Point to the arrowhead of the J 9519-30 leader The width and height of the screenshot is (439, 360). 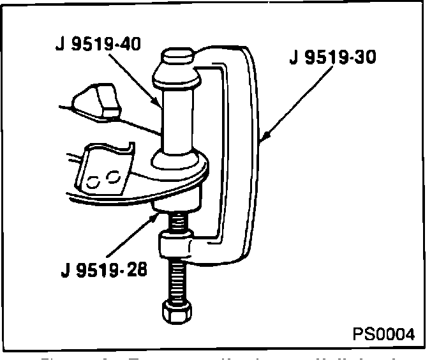(x=263, y=138)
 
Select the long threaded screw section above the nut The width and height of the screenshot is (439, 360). (x=177, y=278)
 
